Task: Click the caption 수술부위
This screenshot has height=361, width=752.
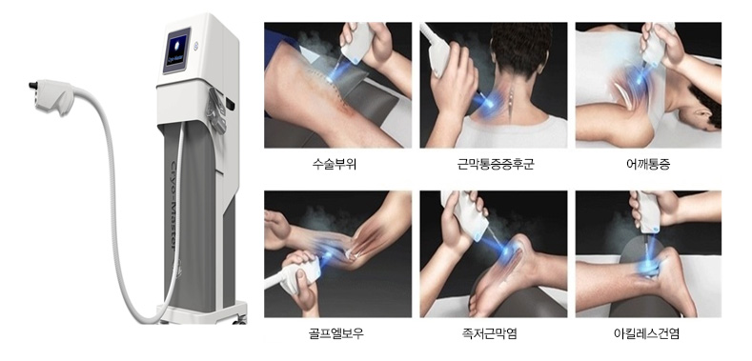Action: pos(335,165)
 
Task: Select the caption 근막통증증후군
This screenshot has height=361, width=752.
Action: pos(496,165)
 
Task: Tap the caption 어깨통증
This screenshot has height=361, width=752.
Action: pos(648,165)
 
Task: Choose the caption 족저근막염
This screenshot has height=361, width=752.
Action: pos(494,333)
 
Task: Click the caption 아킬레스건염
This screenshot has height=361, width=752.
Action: pos(646,333)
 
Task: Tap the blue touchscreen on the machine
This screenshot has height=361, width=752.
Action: pos(176,50)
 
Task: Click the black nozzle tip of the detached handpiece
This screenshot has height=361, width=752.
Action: pos(33,86)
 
